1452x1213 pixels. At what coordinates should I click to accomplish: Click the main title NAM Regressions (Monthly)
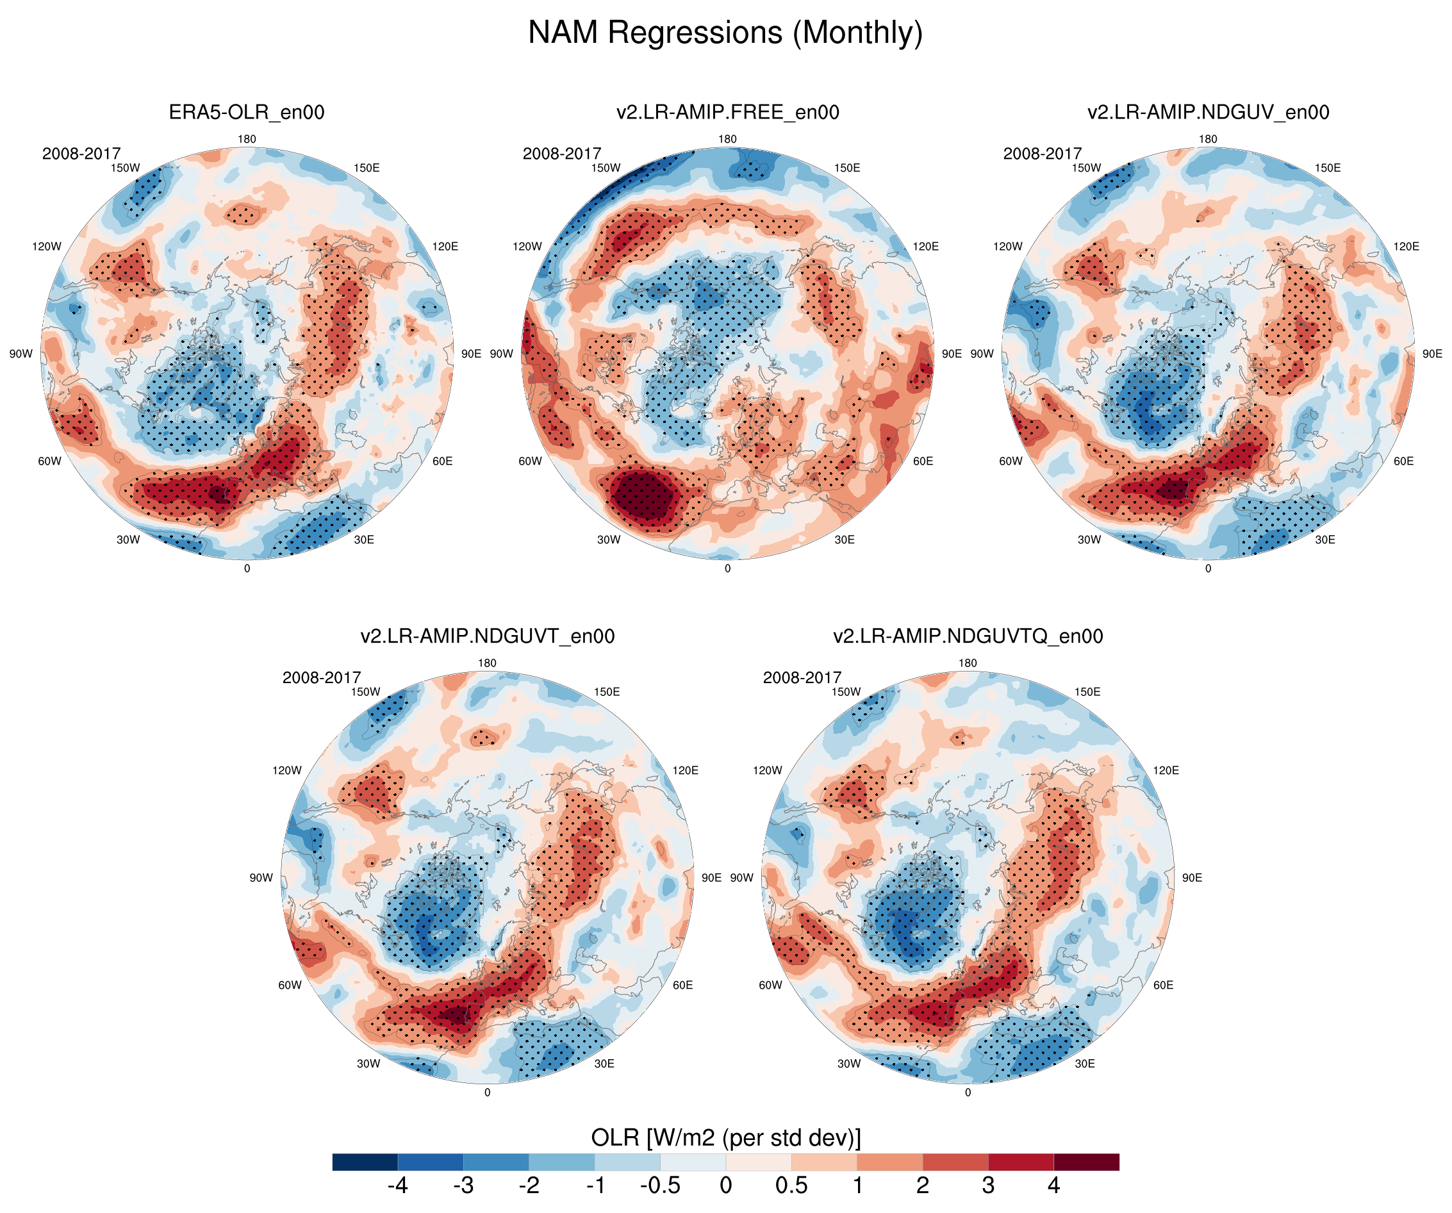coord(725,33)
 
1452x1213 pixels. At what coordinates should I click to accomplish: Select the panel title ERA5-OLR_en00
coord(246,112)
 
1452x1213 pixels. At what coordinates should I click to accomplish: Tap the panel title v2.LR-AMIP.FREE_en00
coord(727,112)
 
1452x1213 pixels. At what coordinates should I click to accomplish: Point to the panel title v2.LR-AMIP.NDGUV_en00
coord(1208,112)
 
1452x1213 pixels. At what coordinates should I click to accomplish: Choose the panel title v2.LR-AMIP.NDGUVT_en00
coord(487,636)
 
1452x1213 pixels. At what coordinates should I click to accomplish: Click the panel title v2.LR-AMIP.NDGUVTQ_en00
coord(968,636)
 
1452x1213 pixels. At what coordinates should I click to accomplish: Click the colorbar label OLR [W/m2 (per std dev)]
coord(725,1137)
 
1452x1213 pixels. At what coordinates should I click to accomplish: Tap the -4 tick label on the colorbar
coord(397,1185)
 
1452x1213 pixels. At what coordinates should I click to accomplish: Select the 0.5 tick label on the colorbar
coord(791,1185)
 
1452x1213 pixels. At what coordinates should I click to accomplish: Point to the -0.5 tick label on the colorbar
coord(659,1185)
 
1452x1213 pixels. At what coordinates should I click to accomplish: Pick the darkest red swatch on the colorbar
coord(1085,1162)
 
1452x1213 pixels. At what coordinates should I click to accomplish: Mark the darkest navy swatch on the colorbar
coord(365,1162)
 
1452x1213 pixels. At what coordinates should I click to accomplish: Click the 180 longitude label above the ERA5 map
coord(247,139)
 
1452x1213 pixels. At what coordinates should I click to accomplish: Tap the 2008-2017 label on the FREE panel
coord(561,154)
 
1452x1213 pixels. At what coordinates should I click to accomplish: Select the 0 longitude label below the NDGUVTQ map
coord(968,1092)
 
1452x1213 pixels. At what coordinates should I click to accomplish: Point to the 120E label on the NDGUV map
coord(1406,246)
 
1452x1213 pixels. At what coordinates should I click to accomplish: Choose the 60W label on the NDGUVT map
coord(290,985)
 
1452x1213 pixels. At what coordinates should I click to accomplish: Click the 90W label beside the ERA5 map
coord(21,353)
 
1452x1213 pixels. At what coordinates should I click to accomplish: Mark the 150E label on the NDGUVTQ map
coord(1087,691)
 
